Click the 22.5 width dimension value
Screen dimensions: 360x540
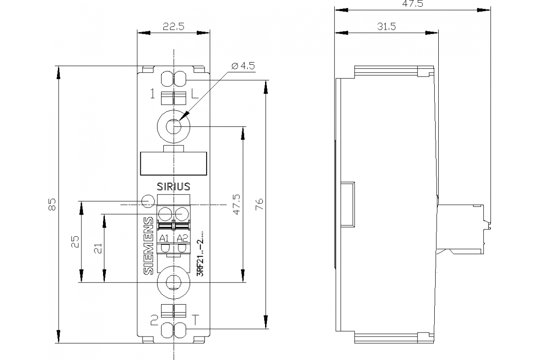tap(174, 27)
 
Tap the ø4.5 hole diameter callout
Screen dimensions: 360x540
tap(243, 66)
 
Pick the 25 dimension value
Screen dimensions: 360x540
tap(75, 242)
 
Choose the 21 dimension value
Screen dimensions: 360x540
tap(98, 248)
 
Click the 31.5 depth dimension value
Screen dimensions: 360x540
tap(386, 27)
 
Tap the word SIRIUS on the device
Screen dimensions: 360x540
tap(173, 186)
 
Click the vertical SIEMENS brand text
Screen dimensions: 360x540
tap(148, 246)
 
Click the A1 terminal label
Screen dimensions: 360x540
tap(165, 238)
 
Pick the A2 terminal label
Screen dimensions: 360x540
tap(182, 238)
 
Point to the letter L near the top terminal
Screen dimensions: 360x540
tap(194, 94)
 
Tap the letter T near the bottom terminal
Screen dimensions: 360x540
tap(195, 320)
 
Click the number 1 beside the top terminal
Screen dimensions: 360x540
tap(153, 94)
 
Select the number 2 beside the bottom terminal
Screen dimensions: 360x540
tap(154, 320)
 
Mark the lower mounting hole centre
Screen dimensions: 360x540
tap(173, 282)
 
